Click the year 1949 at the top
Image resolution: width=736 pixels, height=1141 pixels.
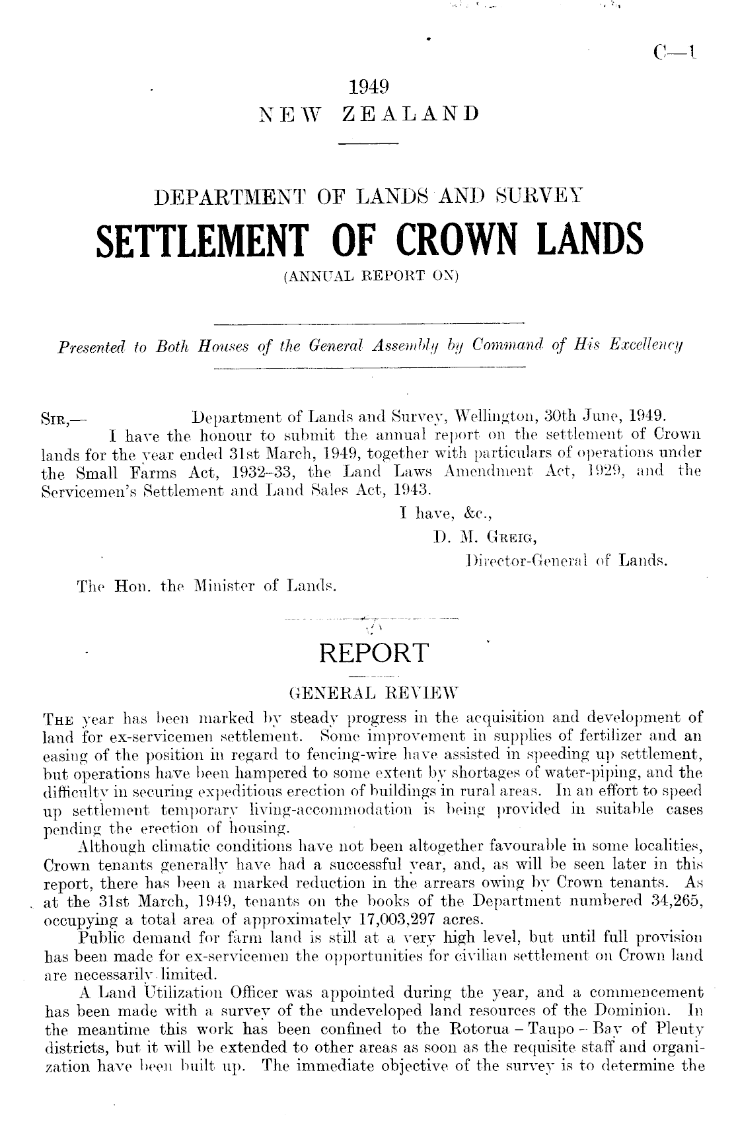point(368,87)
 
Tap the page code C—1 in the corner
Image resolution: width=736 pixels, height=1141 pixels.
point(670,52)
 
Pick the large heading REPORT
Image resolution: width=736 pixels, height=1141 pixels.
point(373,653)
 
